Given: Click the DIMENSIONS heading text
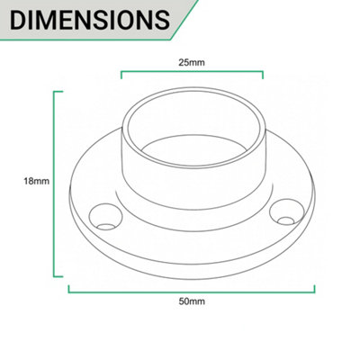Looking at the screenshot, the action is tap(90, 20).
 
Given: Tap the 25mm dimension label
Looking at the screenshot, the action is tap(192, 63).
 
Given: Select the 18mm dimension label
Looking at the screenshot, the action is tap(37, 181).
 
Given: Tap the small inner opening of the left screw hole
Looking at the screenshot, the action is tap(107, 227).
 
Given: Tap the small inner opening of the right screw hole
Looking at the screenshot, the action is tap(286, 221).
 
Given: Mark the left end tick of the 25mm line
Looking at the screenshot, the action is tap(121, 75).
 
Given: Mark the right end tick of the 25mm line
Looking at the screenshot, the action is tap(263, 75).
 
